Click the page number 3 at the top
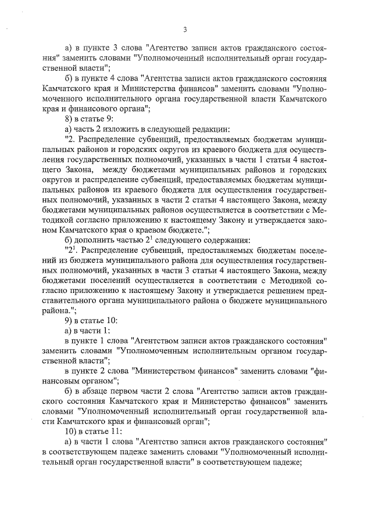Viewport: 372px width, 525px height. tap(184, 30)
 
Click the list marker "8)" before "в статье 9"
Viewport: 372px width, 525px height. tap(69, 118)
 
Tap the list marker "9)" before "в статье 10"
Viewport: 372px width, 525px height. tap(69, 320)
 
